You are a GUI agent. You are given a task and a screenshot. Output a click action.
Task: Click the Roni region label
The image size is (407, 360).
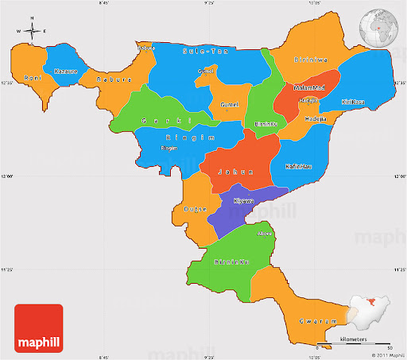tap(32, 78)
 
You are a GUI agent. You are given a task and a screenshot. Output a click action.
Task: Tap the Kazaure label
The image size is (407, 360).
tap(65, 72)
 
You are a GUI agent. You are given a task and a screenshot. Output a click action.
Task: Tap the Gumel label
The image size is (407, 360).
tap(231, 105)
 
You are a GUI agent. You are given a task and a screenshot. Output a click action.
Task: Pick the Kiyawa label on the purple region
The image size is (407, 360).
tap(245, 201)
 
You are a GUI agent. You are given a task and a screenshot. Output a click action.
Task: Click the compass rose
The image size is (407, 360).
tap(32, 32)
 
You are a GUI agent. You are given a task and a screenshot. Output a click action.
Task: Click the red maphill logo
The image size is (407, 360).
tap(37, 328)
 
